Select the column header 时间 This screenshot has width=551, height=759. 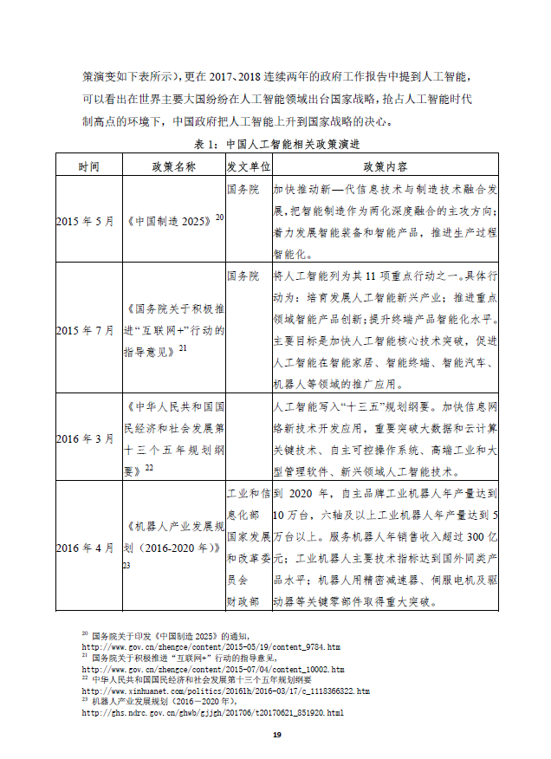click(x=88, y=165)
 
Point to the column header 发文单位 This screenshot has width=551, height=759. click(x=248, y=165)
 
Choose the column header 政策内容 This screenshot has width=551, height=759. click(x=386, y=165)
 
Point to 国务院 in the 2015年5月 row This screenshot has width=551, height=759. click(x=243, y=188)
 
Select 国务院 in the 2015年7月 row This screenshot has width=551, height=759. click(x=243, y=276)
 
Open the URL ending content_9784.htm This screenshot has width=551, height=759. click(x=211, y=647)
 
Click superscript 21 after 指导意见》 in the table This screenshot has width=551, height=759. click(x=183, y=347)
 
